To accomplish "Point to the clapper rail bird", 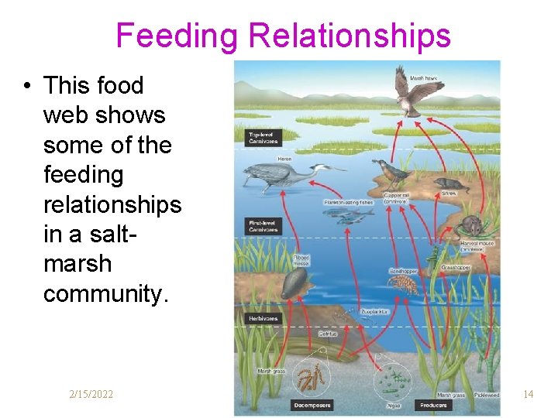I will (x=388, y=171).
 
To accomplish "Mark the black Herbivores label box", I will (x=263, y=318).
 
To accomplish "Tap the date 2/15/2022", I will (x=91, y=395).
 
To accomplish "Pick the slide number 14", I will (x=528, y=395).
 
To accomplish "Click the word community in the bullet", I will (x=105, y=293).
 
